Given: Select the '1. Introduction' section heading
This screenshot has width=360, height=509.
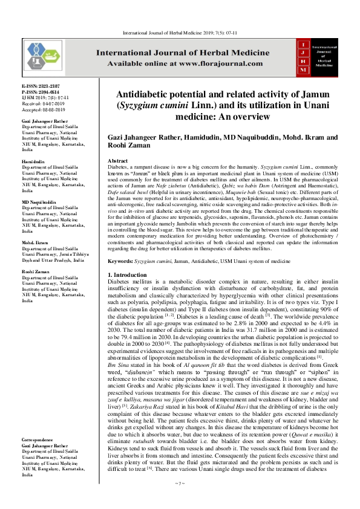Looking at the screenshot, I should click(x=128, y=275).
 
